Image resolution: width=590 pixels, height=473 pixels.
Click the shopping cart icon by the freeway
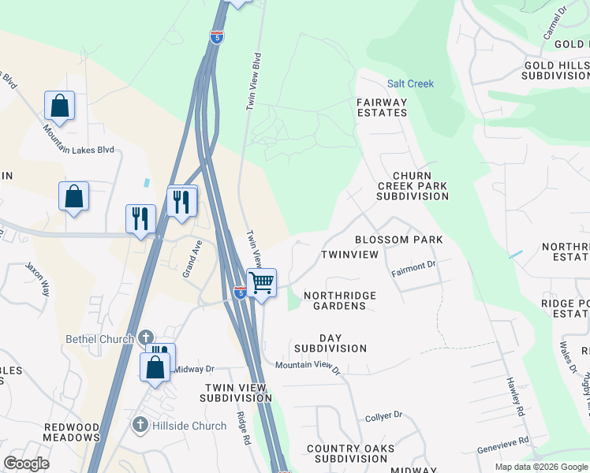pyautogui.click(x=261, y=282)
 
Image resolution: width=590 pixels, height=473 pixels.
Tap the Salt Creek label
pyautogui.click(x=410, y=84)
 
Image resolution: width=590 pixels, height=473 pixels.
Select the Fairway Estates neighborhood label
pyautogui.click(x=382, y=107)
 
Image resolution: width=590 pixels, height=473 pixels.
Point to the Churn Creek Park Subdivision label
pyautogui.click(x=412, y=186)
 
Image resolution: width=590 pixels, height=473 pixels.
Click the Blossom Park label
pyautogui.click(x=398, y=239)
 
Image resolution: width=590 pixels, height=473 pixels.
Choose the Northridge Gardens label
pyautogui.click(x=340, y=300)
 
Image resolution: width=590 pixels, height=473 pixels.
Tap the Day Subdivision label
pyautogui.click(x=330, y=343)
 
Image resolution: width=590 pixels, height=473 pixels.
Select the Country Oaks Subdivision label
pyautogui.click(x=347, y=453)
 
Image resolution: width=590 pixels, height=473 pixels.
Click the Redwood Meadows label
pyautogui.click(x=72, y=431)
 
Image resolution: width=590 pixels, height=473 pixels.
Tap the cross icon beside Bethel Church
pyautogui.click(x=145, y=338)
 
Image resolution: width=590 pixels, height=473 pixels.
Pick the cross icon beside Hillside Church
pyautogui.click(x=140, y=426)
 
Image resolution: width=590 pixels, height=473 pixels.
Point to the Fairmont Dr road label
pyautogui.click(x=414, y=269)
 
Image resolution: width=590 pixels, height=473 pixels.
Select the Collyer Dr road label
pyautogui.click(x=384, y=415)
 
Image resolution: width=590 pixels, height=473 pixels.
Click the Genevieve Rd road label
pyautogui.click(x=502, y=446)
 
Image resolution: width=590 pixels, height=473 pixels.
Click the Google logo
pyautogui.click(x=26, y=464)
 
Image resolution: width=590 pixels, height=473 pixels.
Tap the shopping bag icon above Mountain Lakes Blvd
pyautogui.click(x=60, y=105)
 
